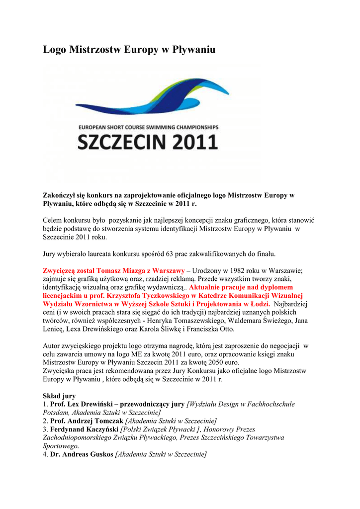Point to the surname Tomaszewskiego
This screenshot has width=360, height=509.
tap(185, 321)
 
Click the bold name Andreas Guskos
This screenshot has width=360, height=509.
tap(82, 454)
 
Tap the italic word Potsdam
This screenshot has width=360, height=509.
tap(55, 413)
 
